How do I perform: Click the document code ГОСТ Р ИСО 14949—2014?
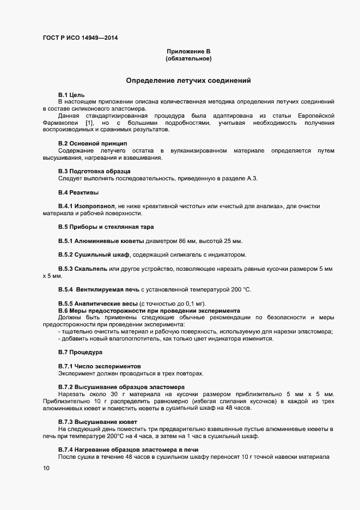(x=80, y=38)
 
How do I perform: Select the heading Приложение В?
(x=188, y=51)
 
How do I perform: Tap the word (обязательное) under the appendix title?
(x=188, y=58)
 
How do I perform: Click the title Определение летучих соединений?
(x=188, y=81)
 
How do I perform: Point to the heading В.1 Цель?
(x=71, y=95)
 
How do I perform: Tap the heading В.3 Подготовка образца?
(x=95, y=171)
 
